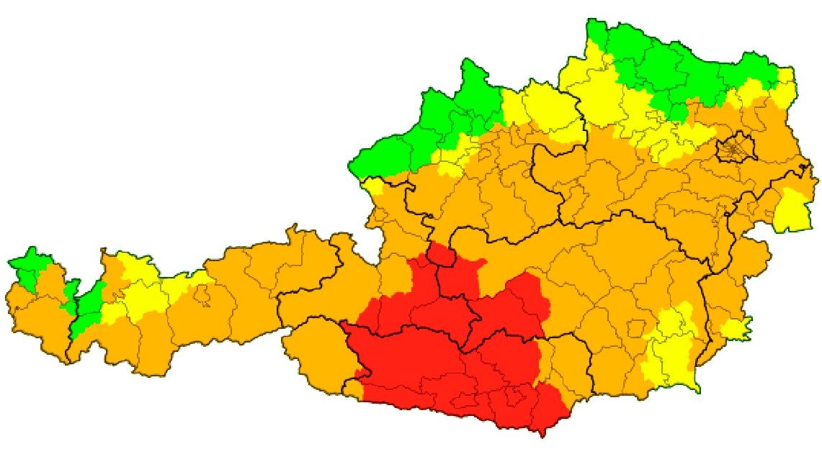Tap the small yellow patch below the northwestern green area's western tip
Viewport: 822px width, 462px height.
(x=374, y=188)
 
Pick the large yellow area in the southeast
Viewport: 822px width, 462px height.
(x=670, y=345)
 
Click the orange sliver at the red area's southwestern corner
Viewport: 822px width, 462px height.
(x=353, y=389)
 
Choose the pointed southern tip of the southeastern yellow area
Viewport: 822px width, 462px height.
(x=695, y=387)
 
